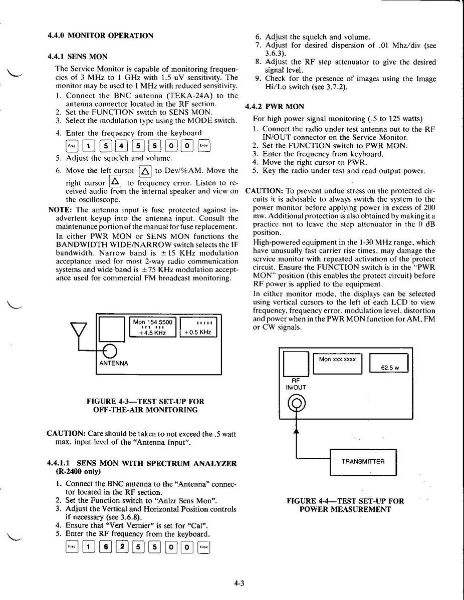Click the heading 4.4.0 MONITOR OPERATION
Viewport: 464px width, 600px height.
coord(100,36)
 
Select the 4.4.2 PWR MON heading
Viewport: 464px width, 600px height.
coord(275,107)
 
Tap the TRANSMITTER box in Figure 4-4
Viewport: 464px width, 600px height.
coord(363,461)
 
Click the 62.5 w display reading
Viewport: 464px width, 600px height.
coord(390,367)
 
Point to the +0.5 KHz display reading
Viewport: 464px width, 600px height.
coord(198,332)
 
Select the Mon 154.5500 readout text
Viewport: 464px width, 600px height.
coord(153,322)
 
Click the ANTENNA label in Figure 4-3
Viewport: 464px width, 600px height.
coord(113,363)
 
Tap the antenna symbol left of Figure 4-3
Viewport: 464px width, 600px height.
coord(78,331)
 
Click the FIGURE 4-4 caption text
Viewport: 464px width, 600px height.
coord(345,505)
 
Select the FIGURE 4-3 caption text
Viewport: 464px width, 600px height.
coord(145,405)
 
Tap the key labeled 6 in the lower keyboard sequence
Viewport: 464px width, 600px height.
coord(105,547)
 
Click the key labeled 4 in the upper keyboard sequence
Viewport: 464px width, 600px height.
coord(121,146)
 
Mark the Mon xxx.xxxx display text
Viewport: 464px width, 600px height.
coord(337,359)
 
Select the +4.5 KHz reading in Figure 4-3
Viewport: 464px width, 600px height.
coord(152,333)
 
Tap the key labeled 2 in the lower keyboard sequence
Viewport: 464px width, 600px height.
coord(121,547)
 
